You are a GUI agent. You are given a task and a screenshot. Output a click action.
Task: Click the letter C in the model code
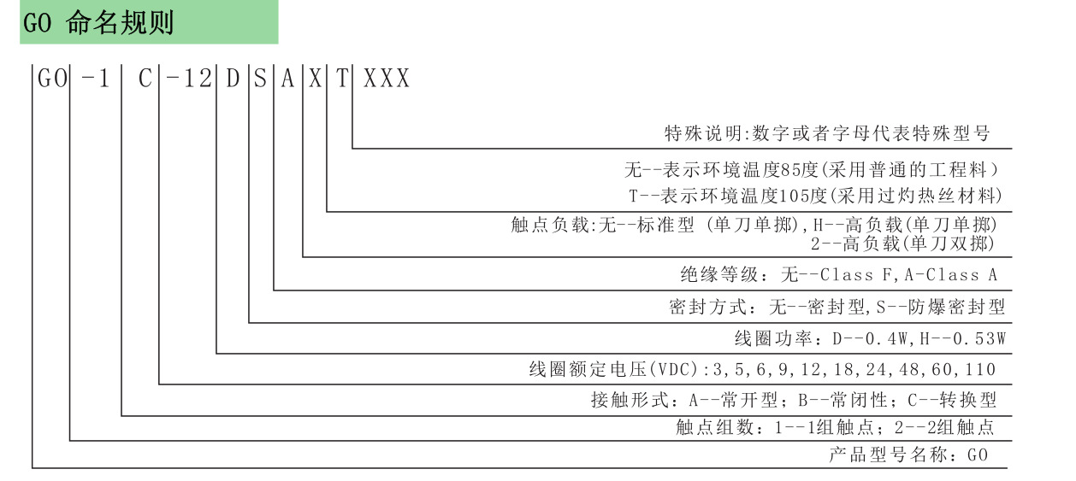[145, 79]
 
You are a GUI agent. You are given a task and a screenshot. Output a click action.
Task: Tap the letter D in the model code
[233, 79]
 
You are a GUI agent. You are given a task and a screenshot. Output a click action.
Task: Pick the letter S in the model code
[260, 79]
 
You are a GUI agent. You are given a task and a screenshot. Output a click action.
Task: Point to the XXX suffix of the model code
[387, 79]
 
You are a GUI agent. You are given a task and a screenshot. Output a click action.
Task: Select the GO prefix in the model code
[51, 79]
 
